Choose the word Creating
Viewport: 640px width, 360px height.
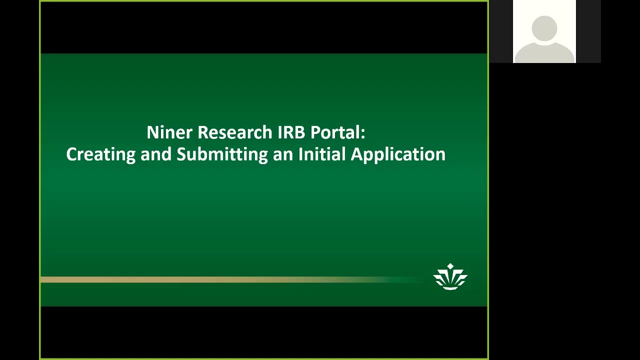coord(100,154)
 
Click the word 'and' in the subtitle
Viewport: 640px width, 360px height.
coord(156,154)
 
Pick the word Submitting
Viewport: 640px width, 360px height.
coord(222,154)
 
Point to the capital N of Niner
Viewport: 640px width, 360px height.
coord(152,132)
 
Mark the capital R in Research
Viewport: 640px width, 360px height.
coord(202,132)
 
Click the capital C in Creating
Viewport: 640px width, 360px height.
coord(71,154)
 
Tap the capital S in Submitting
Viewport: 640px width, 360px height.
coord(181,154)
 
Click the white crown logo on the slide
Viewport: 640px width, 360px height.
coord(450,278)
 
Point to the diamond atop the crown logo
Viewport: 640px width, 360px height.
coord(450,266)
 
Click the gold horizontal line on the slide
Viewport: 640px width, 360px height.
coord(200,279)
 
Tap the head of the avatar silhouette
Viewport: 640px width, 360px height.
coord(544,28)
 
